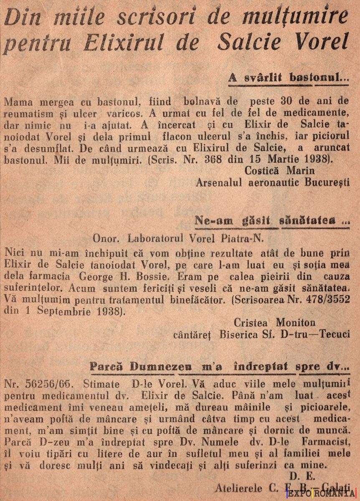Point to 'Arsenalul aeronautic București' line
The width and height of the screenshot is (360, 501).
pos(272,182)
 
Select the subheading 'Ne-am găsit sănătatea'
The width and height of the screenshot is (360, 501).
pos(272,221)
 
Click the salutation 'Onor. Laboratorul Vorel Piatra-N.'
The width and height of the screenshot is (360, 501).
pos(178,238)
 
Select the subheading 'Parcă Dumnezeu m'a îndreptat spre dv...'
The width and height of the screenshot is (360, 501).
pos(219,367)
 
